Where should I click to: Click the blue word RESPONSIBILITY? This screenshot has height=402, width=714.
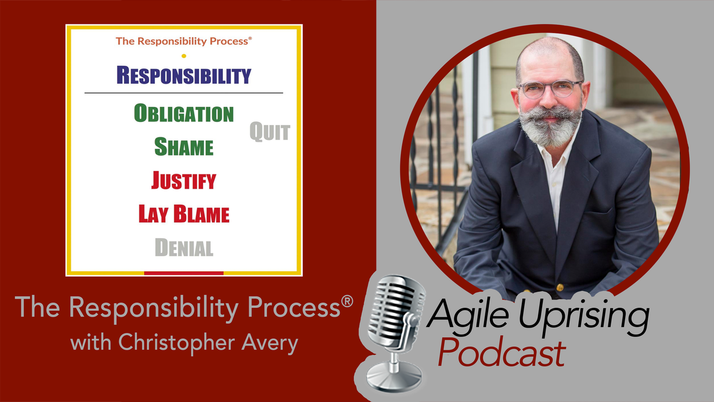(x=184, y=76)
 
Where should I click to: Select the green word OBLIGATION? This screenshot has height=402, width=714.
(x=184, y=113)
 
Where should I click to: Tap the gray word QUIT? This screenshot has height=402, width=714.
(x=270, y=132)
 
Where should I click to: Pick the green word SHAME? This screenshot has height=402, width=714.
(x=184, y=147)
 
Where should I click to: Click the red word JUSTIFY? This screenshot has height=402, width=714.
(x=183, y=181)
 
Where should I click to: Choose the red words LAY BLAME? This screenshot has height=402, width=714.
(x=184, y=214)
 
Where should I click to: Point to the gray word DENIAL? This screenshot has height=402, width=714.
(x=184, y=247)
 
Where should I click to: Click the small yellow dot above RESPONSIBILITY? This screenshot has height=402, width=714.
(x=184, y=56)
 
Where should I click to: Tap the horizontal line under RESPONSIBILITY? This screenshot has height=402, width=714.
(x=184, y=93)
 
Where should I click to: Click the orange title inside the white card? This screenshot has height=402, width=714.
(x=184, y=41)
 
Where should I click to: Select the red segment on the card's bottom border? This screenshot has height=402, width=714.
(x=184, y=273)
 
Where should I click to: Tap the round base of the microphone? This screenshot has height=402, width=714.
(x=394, y=378)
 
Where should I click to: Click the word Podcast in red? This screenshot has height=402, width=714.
(x=502, y=353)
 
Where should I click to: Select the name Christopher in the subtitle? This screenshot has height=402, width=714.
(x=177, y=343)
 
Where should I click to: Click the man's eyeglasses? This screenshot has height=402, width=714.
(x=550, y=88)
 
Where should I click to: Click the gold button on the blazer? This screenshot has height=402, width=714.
(x=560, y=287)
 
